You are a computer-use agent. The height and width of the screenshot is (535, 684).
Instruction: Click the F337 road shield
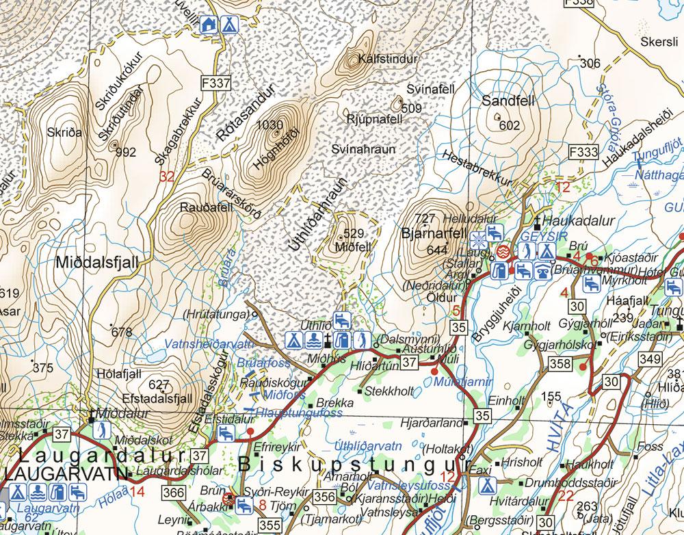[x=216, y=83]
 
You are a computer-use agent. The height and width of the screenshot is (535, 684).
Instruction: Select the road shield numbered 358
[x=561, y=362]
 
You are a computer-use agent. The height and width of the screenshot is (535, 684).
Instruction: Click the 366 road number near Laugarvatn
[x=174, y=493]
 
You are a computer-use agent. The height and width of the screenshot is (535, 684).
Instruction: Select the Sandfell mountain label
[x=507, y=101]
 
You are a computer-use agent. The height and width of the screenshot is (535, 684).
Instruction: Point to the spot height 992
[x=126, y=152]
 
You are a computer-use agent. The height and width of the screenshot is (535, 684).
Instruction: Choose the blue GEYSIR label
[x=540, y=234]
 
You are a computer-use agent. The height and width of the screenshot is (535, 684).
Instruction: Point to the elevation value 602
[x=510, y=125]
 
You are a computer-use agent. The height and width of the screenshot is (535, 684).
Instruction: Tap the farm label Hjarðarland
[x=430, y=423]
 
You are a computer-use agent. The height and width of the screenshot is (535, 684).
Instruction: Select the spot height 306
[x=590, y=64]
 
